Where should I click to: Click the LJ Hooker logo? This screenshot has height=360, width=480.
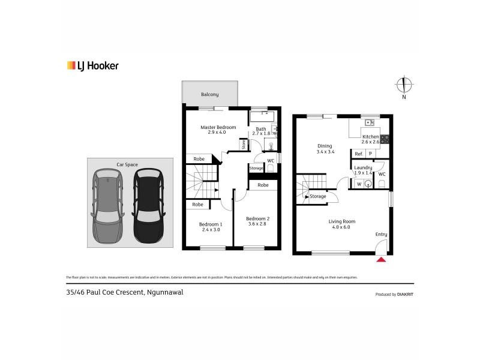(92, 66)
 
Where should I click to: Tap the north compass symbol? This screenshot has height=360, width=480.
(404, 85)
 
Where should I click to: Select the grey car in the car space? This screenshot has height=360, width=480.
(107, 205)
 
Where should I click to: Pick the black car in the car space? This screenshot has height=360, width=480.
(148, 205)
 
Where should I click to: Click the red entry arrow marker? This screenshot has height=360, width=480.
(380, 259)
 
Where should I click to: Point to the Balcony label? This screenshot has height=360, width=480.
(210, 94)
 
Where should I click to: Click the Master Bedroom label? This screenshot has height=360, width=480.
(218, 127)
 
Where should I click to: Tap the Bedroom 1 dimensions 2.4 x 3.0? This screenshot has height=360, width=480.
(211, 230)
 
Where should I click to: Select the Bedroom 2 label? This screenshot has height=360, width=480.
(257, 218)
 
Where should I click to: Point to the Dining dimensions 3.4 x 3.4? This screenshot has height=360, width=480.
(325, 152)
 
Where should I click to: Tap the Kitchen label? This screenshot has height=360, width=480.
(370, 137)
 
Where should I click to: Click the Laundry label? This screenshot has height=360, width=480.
(363, 167)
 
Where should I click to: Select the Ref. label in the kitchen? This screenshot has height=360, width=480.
(359, 154)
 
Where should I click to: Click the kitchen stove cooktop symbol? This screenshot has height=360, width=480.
(385, 139)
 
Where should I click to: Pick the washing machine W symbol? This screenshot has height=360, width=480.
(359, 184)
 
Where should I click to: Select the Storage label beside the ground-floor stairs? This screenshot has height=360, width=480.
(318, 196)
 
